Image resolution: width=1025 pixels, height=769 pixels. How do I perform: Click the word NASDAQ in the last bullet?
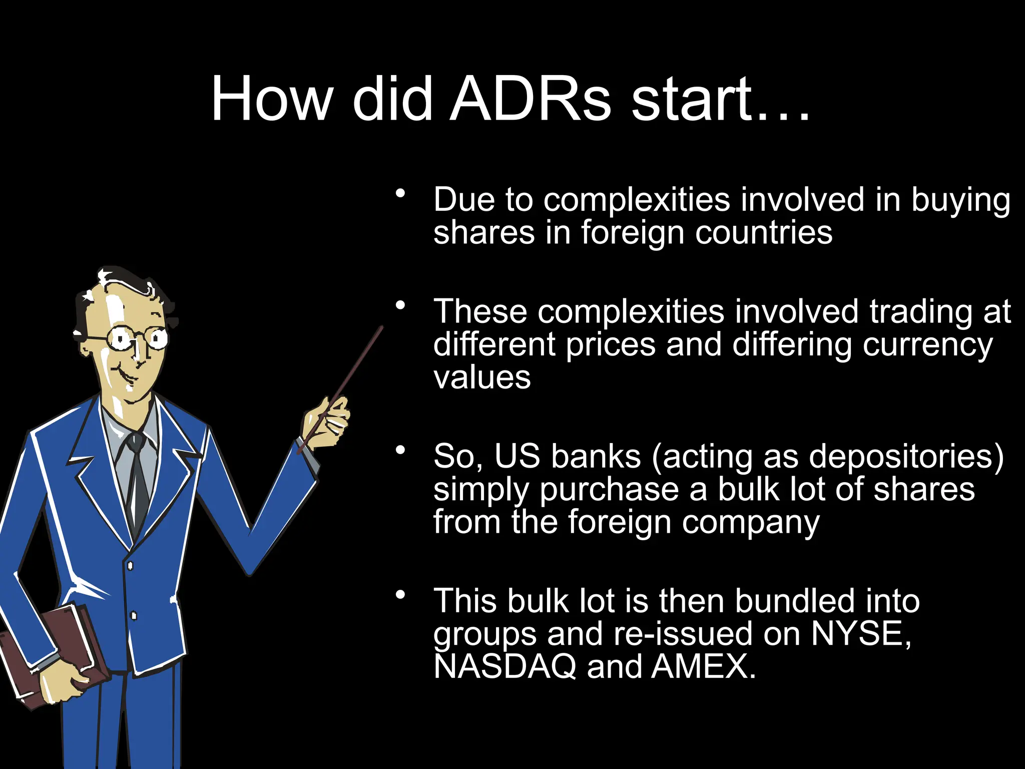[504, 667]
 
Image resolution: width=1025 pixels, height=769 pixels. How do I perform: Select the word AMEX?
[703, 667]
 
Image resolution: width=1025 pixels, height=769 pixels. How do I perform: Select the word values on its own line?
[481, 378]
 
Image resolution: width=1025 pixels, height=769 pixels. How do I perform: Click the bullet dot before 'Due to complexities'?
[399, 193]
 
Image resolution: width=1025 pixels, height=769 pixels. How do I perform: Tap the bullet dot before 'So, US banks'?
[399, 450]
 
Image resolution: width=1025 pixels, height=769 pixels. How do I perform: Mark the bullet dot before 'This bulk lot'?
[399, 595]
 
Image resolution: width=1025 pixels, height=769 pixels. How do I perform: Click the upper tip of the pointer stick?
[381, 328]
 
